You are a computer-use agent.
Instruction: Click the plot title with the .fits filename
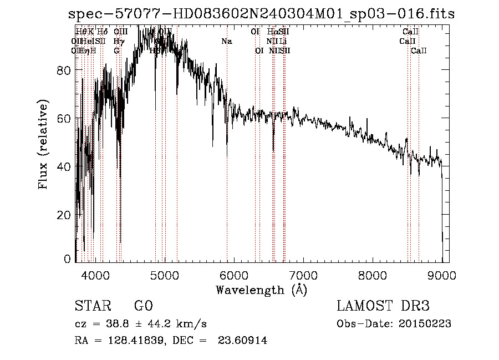tap(258, 13)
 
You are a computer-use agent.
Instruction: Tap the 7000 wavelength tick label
tap(303, 274)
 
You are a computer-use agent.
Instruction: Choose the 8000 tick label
tap(373, 274)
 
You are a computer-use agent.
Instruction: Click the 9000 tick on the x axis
tap(442, 274)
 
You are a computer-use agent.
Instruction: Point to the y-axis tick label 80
tap(64, 70)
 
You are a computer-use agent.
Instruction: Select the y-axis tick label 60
tap(64, 118)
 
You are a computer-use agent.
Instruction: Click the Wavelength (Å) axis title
tap(261, 290)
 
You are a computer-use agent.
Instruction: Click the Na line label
tap(226, 42)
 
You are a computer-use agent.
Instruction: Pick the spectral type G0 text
tap(144, 306)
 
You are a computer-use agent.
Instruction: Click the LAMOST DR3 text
tap(383, 306)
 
